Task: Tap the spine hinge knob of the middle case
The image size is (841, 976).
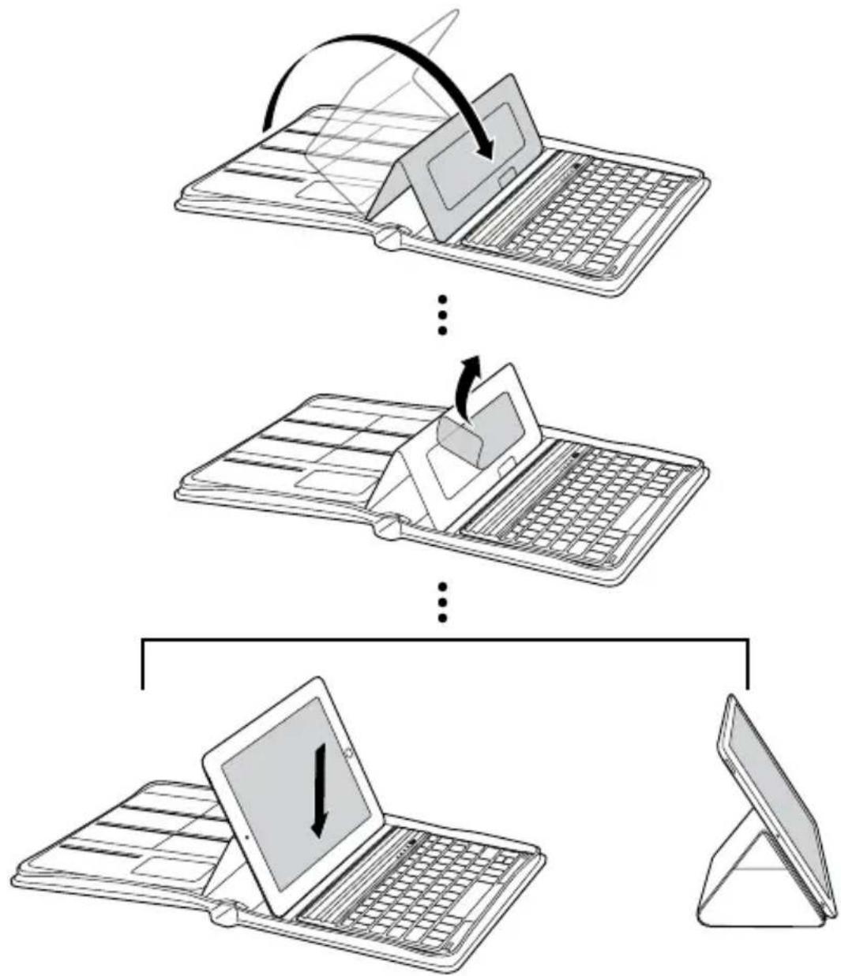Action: coord(387,527)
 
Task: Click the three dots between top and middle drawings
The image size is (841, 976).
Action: coord(443,315)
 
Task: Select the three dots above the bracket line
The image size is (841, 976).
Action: coord(443,601)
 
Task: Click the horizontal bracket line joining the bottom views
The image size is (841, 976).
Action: coord(443,638)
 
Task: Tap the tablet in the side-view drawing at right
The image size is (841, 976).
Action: coord(778,789)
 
